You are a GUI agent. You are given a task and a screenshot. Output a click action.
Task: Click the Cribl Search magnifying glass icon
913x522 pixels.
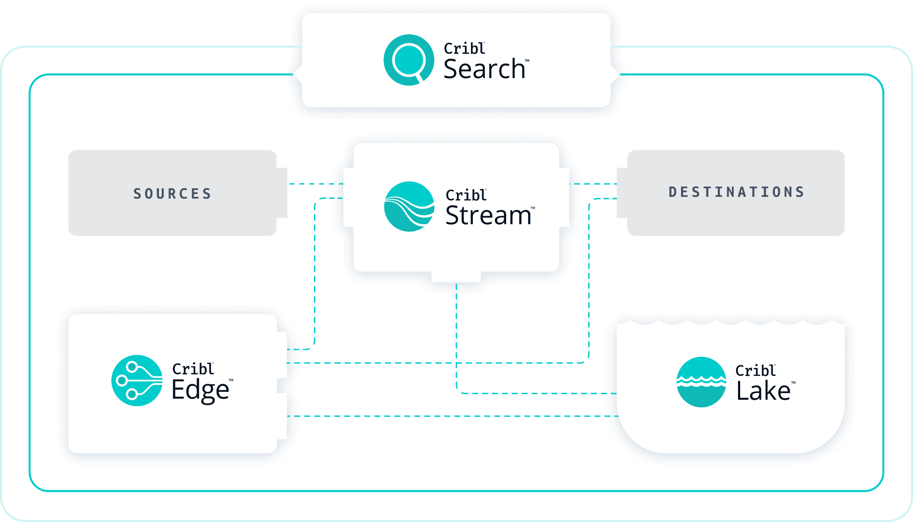pos(409,60)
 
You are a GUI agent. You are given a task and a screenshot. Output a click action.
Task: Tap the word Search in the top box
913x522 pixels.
pos(484,69)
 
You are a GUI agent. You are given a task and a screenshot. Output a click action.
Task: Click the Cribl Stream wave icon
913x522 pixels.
pos(409,207)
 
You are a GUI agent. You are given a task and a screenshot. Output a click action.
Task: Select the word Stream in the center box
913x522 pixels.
pos(488,216)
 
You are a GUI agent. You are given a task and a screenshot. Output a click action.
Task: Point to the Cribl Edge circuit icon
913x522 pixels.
pos(137,380)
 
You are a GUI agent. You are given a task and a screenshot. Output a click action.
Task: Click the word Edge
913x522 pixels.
pos(200,390)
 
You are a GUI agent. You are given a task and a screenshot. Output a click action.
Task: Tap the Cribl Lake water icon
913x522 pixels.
pos(701,382)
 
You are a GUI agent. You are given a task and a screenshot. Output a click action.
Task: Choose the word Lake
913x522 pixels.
pos(763,391)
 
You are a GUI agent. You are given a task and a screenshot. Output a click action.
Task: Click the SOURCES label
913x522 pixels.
pos(172,193)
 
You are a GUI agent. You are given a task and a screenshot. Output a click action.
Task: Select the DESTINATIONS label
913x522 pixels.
pos(736,192)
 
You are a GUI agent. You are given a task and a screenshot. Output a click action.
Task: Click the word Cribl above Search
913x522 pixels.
pos(464,49)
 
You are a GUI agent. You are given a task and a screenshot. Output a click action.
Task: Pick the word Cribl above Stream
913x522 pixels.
pos(466,195)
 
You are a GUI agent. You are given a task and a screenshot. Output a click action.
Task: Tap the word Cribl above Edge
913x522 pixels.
pos(193,369)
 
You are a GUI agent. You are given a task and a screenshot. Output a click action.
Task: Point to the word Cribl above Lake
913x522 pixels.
pos(755,371)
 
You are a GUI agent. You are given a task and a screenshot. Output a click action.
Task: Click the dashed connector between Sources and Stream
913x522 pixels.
pos(315,184)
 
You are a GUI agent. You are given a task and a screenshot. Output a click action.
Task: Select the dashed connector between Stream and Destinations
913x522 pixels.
pos(593,184)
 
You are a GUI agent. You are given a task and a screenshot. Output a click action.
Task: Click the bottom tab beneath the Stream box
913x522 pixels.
pos(456,277)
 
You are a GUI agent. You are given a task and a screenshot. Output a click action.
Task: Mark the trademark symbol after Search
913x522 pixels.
pos(527,61)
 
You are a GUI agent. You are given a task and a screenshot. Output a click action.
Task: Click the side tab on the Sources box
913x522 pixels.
pos(282,193)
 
